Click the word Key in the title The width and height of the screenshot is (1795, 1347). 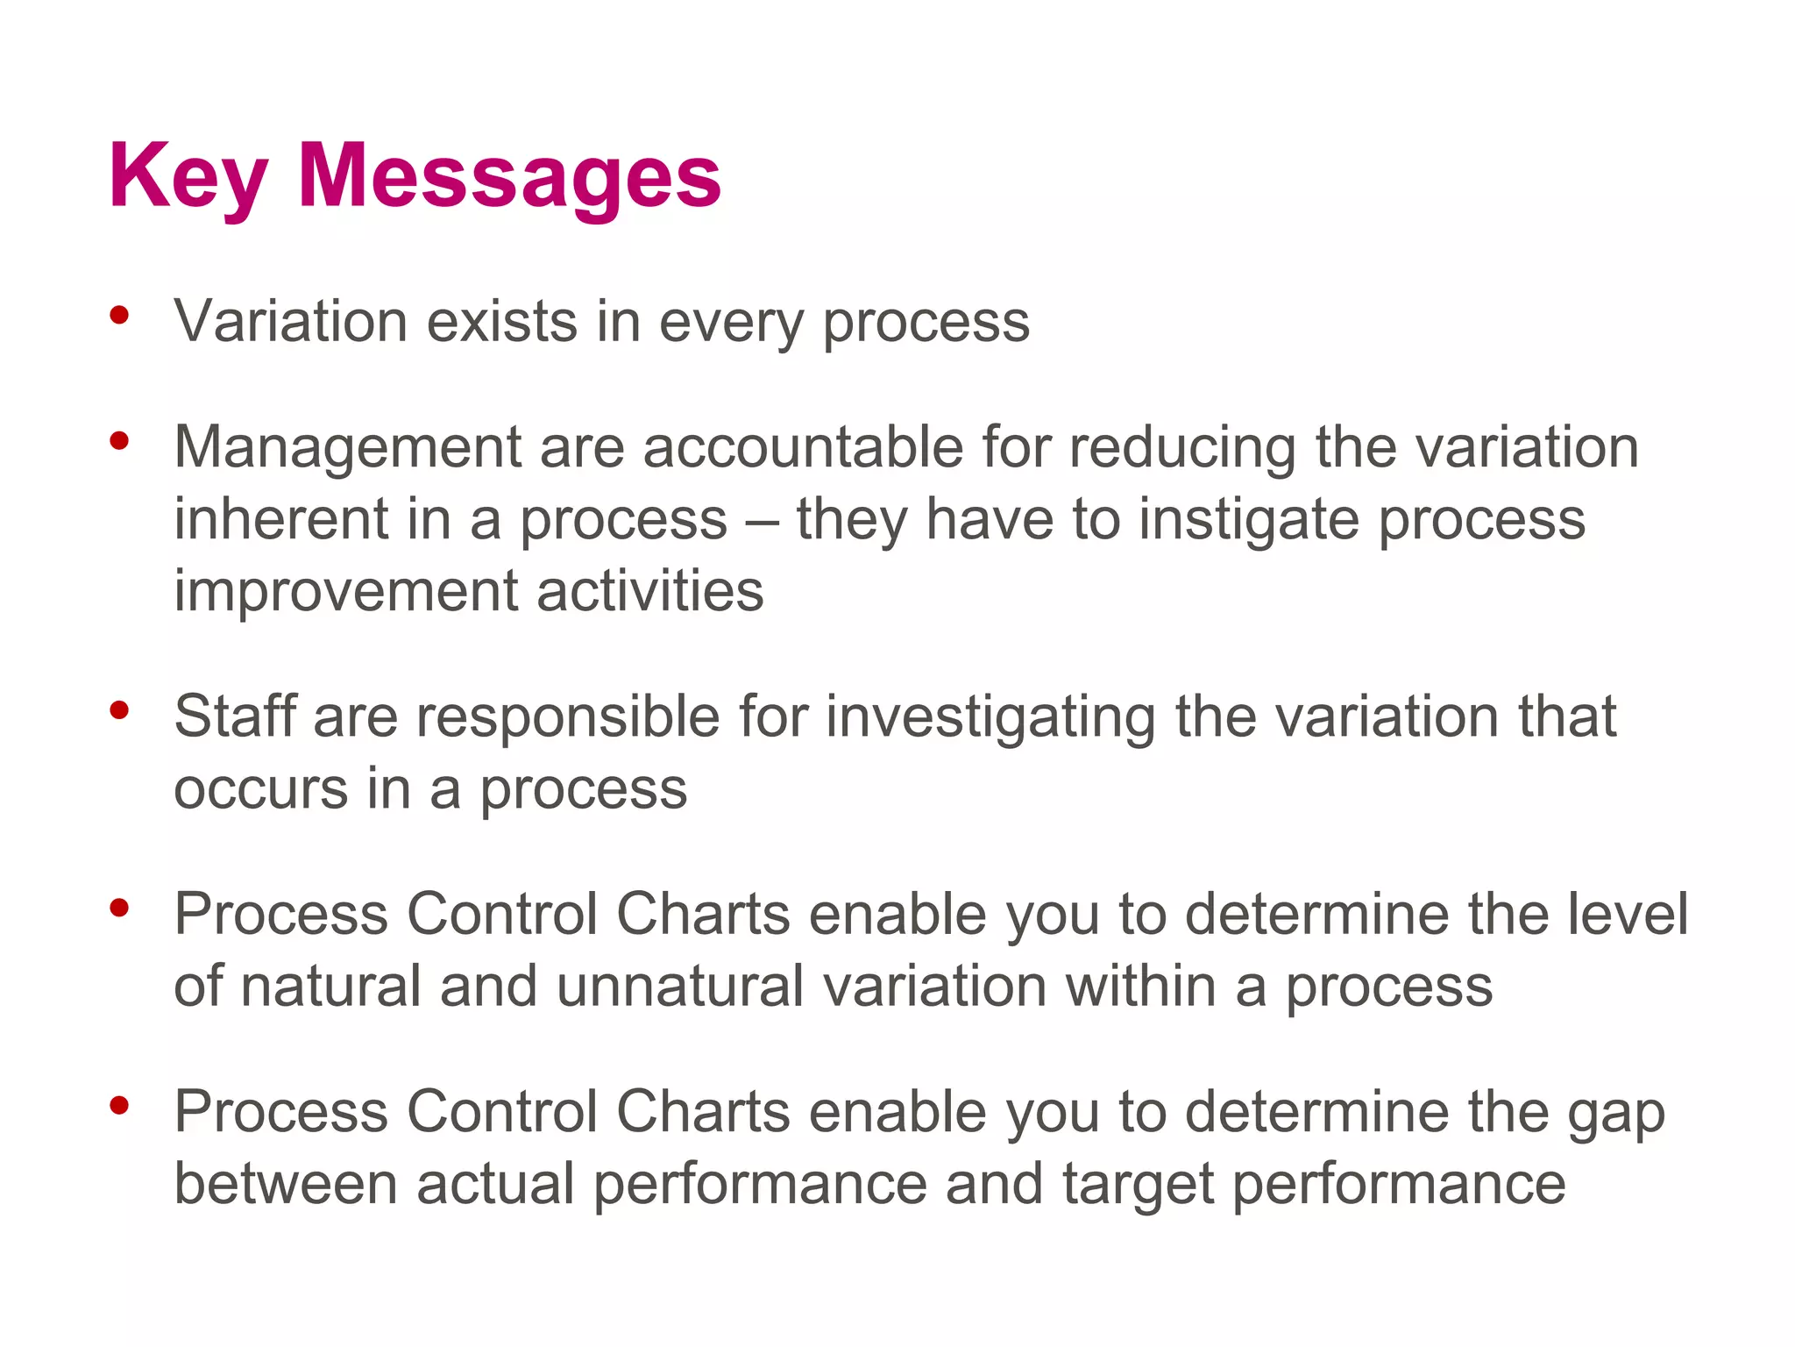(x=188, y=177)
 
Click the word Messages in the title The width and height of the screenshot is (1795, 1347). (x=509, y=177)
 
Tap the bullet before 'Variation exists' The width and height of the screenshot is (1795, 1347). (x=120, y=315)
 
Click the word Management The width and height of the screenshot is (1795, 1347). (x=347, y=448)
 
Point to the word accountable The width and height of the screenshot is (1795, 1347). (x=802, y=447)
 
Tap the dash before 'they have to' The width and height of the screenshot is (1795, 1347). (x=761, y=520)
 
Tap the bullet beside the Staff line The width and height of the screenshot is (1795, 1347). (x=120, y=710)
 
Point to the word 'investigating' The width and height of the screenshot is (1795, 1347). (x=990, y=718)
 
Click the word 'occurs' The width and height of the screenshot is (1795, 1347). (x=260, y=789)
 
